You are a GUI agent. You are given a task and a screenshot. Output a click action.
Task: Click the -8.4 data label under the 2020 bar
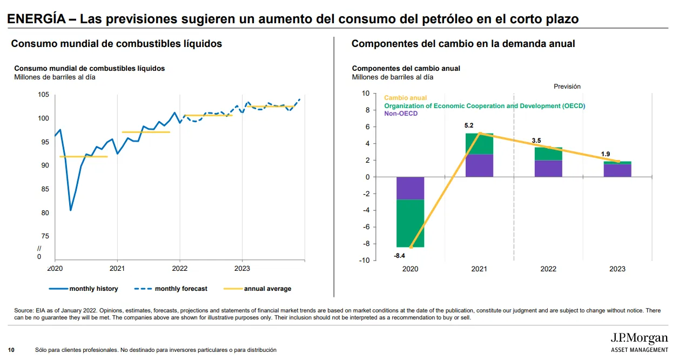pos(400,256)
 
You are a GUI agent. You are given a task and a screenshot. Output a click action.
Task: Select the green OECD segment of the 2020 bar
pos(410,223)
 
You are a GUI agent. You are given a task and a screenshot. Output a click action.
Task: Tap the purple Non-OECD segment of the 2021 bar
pos(479,165)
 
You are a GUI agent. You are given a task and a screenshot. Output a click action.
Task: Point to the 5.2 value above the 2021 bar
pos(469,126)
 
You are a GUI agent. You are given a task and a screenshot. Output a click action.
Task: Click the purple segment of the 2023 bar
pos(617,170)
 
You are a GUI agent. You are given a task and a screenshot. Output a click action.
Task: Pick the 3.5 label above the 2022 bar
pos(536,141)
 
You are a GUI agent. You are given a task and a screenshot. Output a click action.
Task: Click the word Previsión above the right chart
pos(567,86)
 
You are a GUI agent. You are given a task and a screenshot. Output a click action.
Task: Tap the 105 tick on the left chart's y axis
pos(44,95)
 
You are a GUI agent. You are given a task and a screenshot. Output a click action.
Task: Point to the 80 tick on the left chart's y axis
pos(45,213)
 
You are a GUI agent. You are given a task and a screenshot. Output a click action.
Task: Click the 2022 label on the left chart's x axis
pos(179,268)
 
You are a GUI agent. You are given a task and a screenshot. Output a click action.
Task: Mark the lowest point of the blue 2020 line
pos(70,210)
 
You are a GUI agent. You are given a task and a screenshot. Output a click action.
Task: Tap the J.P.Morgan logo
pos(638,339)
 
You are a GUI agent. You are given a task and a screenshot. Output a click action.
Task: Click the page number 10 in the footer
pos(11,350)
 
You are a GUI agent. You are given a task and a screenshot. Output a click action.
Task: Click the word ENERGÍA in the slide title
pos(37,19)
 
